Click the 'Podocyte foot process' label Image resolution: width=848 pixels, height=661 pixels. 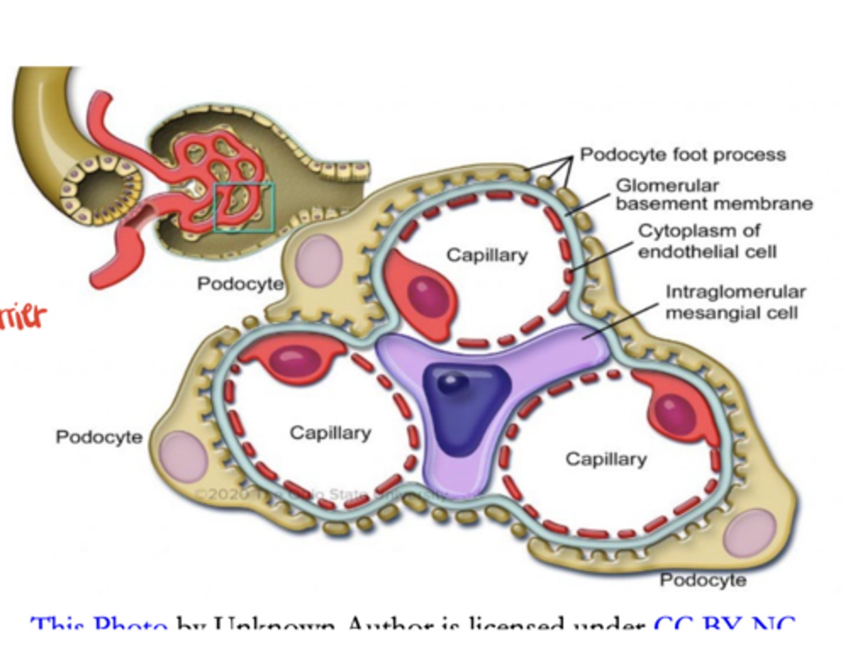point(683,155)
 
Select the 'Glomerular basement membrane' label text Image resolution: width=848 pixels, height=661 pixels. point(713,195)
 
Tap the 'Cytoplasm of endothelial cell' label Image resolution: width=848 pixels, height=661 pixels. point(707,241)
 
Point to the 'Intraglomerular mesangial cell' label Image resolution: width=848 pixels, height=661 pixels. point(735,302)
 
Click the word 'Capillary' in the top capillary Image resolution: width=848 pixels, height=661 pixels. point(486,255)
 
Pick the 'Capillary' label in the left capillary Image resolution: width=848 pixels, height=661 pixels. point(330,433)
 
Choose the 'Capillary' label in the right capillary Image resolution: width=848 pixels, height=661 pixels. point(605,459)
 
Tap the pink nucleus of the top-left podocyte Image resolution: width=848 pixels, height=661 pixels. point(319,260)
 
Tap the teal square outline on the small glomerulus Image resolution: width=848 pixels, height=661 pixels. point(244,184)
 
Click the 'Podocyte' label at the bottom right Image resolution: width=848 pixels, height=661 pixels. point(703,580)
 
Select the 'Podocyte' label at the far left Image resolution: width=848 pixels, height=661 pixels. point(99,437)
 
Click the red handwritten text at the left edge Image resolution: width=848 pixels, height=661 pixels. point(22,317)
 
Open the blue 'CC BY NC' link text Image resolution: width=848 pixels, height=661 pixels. point(724,623)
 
